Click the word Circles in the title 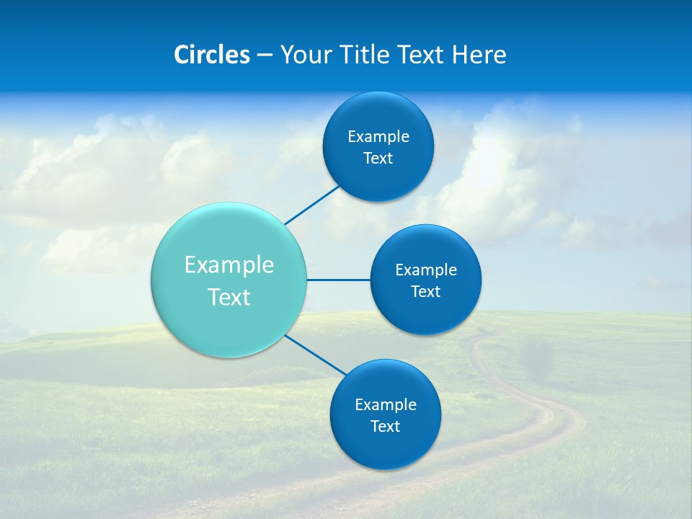pos(212,55)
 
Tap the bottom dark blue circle pos(386,447)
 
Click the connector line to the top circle pos(311,205)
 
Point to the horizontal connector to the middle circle pos(339,280)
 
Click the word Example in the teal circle pos(229,265)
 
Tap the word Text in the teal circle pos(229,297)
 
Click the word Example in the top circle pos(378,137)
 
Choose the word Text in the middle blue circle pos(426,292)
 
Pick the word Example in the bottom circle pos(386,405)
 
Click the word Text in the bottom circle pos(386,427)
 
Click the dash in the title pos(265,55)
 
